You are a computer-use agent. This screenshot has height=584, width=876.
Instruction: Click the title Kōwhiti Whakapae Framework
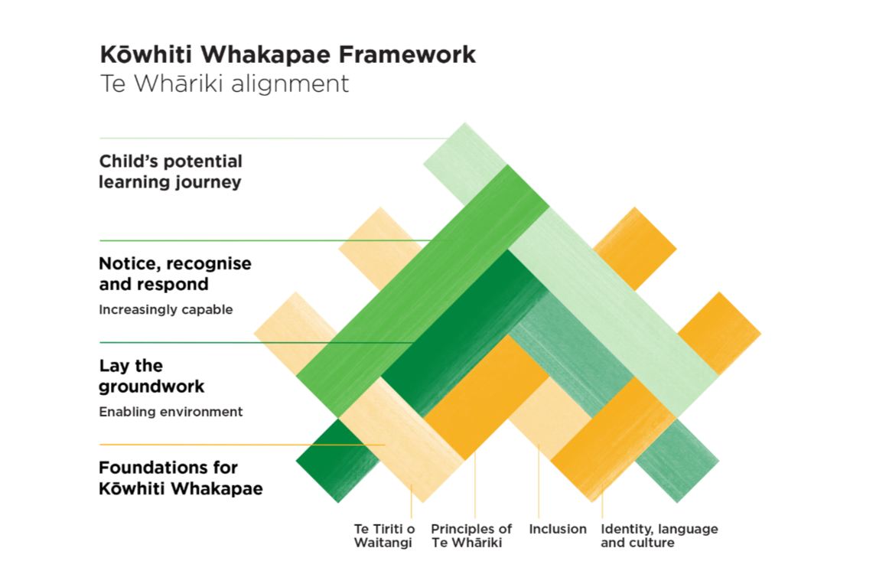tap(287, 55)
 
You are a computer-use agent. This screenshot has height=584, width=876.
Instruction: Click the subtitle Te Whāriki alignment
tap(224, 83)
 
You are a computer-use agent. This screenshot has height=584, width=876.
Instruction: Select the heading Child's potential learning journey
tap(171, 171)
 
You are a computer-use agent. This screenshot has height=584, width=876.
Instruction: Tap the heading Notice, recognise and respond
tap(175, 273)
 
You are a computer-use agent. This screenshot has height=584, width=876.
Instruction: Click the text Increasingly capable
tap(165, 310)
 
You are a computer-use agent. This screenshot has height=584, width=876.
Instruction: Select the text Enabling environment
tap(171, 412)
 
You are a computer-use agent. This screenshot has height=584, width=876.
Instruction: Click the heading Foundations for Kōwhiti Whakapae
tap(181, 478)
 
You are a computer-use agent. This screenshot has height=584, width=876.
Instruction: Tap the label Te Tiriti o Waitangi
tap(384, 536)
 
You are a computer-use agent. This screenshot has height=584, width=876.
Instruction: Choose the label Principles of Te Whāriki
tap(471, 536)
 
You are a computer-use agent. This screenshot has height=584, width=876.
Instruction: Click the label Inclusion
tap(558, 529)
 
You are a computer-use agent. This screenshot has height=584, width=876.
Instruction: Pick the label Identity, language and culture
tap(659, 536)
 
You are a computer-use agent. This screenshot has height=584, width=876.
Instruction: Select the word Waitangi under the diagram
tap(383, 543)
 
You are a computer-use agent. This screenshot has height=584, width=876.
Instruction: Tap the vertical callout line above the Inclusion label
tap(539, 482)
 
